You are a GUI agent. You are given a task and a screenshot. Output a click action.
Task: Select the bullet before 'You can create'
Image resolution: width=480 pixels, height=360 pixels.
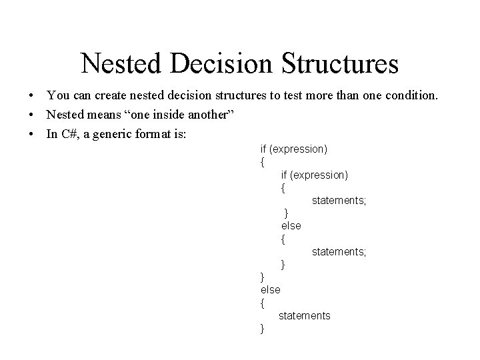pos(31,97)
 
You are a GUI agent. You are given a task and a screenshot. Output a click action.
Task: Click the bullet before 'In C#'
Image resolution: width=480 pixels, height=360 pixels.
pos(31,134)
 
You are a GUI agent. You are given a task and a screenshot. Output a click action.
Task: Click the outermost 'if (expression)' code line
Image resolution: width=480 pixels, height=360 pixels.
pos(293,149)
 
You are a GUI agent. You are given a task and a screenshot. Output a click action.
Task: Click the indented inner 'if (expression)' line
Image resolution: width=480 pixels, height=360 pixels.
pos(314,175)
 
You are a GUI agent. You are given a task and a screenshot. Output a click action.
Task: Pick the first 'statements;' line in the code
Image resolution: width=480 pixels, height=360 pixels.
pos(339,200)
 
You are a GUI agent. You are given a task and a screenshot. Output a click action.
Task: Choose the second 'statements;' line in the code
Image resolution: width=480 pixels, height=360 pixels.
pos(339,251)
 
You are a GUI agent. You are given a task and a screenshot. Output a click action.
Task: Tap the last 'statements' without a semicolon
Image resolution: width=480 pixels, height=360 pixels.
pos(304,315)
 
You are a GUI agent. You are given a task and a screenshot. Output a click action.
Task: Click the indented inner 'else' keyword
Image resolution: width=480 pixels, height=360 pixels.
pos(291,226)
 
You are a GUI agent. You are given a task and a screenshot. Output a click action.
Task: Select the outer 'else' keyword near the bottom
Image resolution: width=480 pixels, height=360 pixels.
pos(270,289)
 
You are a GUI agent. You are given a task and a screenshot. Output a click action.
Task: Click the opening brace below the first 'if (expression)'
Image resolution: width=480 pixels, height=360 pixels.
pos(263,162)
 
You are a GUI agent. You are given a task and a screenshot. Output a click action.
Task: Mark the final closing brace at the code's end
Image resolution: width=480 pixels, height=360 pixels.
pos(263,328)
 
